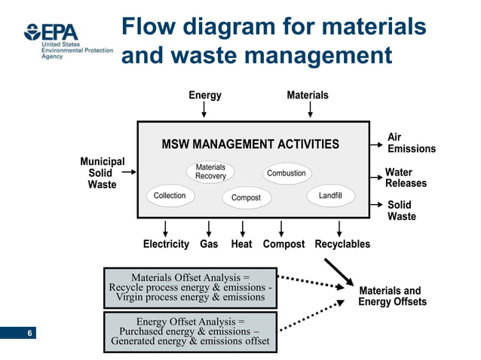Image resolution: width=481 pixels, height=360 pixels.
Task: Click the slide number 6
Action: coord(29,333)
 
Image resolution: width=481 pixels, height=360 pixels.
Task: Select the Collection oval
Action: coord(169,196)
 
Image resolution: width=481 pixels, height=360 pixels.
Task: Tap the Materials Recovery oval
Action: coord(210,172)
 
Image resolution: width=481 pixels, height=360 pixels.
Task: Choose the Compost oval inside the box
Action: coord(246,197)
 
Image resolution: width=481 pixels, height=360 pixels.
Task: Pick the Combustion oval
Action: coord(286,173)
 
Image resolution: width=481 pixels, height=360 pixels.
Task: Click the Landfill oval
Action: coord(330,196)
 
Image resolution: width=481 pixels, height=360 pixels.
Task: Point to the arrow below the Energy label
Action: coord(204,111)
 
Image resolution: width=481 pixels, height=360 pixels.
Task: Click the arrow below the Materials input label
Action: coord(308,111)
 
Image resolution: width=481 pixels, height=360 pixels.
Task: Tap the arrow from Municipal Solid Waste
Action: coord(128,172)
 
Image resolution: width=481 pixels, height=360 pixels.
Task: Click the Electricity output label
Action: coord(166,244)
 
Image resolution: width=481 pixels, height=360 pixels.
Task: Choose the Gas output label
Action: coord(209,244)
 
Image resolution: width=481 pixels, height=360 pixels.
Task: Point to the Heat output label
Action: coord(241,244)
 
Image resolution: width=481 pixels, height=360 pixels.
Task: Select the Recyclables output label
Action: coord(342,244)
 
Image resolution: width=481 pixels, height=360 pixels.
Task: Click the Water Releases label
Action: coord(406,178)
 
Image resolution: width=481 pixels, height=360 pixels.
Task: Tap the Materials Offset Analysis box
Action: coord(190,287)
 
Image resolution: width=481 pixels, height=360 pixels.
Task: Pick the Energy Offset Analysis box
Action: coord(190,331)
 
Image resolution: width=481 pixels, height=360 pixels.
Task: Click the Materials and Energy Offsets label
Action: coord(392,297)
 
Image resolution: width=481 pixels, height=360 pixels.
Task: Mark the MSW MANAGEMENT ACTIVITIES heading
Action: coord(250,144)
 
